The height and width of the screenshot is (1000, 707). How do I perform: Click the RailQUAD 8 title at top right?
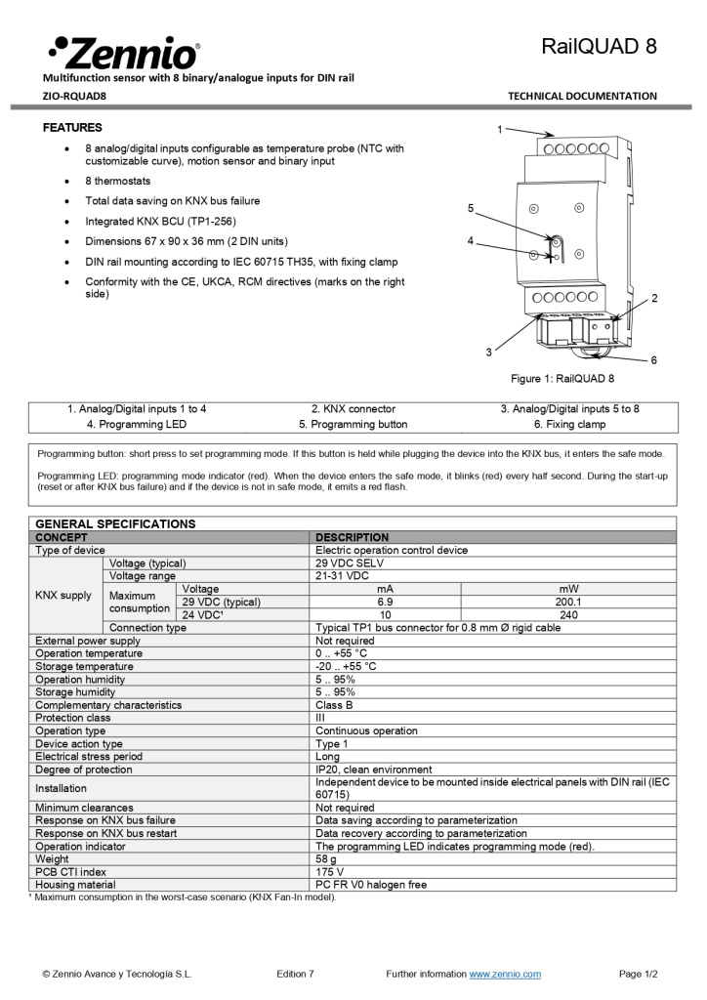coord(599,46)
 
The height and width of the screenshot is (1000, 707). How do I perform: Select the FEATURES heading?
coord(72,128)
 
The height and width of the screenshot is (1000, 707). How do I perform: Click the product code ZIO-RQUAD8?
coord(74,96)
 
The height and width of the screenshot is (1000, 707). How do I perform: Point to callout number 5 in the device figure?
coord(470,208)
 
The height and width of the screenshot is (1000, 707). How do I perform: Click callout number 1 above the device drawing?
coord(499,129)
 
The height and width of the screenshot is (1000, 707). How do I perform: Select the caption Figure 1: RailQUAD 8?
coord(563,379)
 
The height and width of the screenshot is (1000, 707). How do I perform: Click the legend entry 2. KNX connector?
coord(353,409)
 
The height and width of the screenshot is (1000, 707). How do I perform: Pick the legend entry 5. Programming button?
coord(353,425)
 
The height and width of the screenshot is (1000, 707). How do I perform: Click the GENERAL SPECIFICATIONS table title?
coord(115,523)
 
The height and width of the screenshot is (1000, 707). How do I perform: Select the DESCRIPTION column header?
coord(352,537)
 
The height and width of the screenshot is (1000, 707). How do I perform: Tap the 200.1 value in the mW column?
coord(567,603)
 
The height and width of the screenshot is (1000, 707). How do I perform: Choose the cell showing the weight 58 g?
coord(329,859)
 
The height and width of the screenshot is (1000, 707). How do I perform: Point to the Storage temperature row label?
coord(84,666)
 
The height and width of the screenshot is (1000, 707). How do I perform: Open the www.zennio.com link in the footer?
coord(505,974)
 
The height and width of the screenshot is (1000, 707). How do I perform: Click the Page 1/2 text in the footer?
coord(638,974)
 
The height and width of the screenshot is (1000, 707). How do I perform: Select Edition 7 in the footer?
coord(295,974)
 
